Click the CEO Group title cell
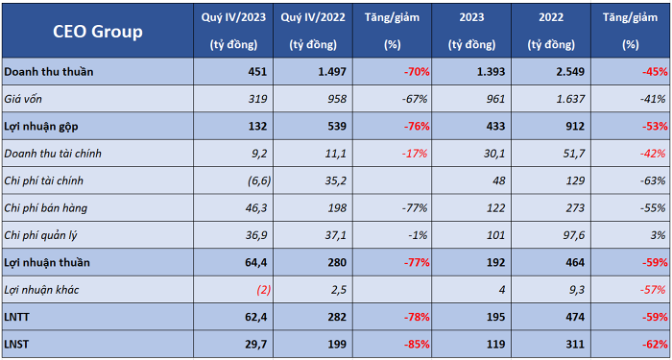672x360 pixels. click(x=98, y=31)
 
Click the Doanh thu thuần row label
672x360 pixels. click(x=48, y=72)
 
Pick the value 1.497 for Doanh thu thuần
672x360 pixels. click(x=331, y=72)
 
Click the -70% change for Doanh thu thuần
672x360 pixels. click(x=416, y=72)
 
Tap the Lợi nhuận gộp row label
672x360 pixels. click(x=41, y=126)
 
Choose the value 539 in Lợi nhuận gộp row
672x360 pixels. click(x=337, y=126)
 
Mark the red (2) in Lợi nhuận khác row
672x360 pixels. click(x=264, y=290)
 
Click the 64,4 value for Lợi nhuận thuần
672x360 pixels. click(x=256, y=262)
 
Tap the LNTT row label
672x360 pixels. click(x=14, y=317)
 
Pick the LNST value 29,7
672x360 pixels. click(x=256, y=344)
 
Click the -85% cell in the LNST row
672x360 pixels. click(x=416, y=344)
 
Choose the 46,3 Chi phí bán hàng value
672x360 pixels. click(x=256, y=208)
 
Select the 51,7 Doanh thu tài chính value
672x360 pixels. click(x=573, y=154)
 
